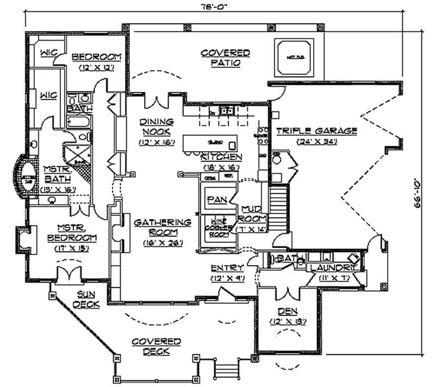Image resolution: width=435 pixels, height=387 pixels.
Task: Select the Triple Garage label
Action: click(316, 131)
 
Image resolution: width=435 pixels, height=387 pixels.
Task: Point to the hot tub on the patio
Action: click(294, 57)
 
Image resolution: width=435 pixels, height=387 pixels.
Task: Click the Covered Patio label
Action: click(225, 58)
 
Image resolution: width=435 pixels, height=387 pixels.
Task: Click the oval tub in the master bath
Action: click(26, 175)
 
